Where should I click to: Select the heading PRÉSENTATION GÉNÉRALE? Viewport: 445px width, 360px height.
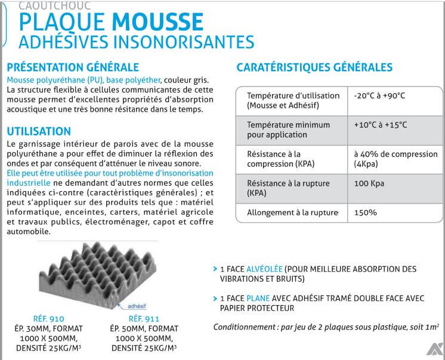(72, 67)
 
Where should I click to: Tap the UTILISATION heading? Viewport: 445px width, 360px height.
(39, 131)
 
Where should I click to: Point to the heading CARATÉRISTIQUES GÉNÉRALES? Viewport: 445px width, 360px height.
(314, 67)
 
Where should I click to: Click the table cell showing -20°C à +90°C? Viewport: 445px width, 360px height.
(379, 96)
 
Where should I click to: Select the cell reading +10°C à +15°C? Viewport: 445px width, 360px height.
(381, 125)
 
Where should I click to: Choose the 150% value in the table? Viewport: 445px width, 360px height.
(366, 212)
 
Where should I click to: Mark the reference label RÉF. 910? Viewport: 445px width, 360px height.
(49, 318)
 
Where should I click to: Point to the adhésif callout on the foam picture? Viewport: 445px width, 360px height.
(137, 304)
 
